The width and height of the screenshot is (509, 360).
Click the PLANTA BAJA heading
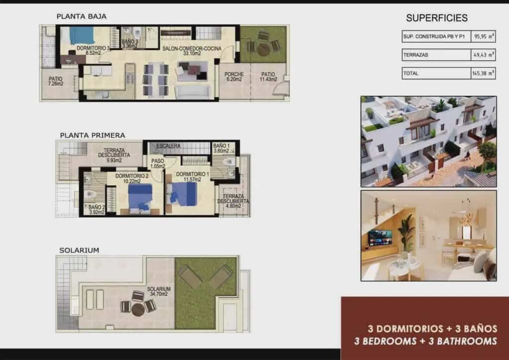click(x=82, y=16)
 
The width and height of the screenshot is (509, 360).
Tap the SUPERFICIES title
click(x=436, y=18)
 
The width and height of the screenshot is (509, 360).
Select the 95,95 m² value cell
click(x=483, y=37)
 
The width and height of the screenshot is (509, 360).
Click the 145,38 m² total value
click(x=483, y=74)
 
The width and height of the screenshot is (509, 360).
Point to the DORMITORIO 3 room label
click(x=92, y=49)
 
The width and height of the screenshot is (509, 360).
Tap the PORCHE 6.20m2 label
click(x=233, y=77)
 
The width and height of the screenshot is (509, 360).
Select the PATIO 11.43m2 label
click(x=269, y=77)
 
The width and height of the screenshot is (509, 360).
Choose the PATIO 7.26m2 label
click(x=55, y=81)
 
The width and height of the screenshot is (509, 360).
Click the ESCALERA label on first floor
click(x=168, y=146)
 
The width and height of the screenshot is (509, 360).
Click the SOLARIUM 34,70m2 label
click(x=159, y=291)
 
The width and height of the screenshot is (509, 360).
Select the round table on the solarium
click(x=138, y=309)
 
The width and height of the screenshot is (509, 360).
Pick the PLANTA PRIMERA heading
click(x=92, y=135)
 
